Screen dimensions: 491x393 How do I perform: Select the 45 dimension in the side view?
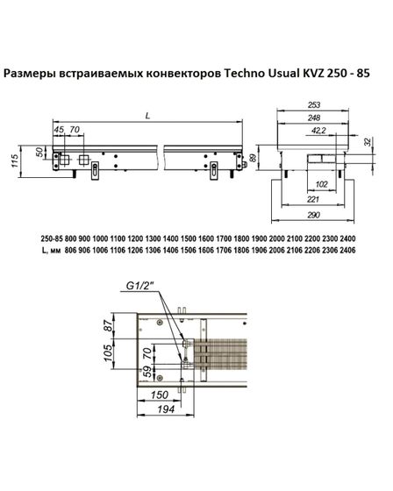60,131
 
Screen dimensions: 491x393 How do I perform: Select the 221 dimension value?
313,199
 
